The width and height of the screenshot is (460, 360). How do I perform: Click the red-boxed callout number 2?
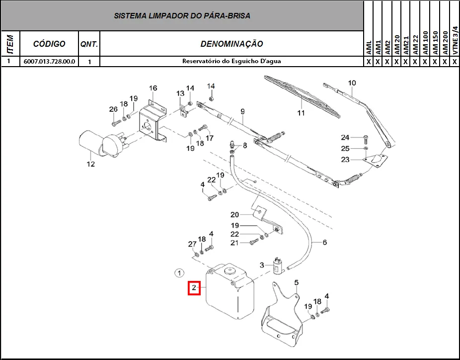click(194, 288)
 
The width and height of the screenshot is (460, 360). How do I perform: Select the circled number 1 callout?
click(179, 273)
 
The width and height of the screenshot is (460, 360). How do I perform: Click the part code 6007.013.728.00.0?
click(49, 61)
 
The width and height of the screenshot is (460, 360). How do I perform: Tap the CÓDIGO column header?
click(49, 44)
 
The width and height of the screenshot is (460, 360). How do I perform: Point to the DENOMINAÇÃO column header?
click(231, 44)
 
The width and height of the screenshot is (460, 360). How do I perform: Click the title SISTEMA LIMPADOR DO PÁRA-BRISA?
click(182, 15)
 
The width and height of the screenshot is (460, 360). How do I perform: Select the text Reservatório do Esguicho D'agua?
click(231, 61)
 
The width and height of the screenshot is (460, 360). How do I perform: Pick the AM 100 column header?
click(425, 43)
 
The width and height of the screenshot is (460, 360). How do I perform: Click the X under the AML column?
click(369, 62)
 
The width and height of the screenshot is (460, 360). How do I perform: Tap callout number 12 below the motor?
click(90, 164)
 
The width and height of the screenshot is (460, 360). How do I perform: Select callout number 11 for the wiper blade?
click(301, 113)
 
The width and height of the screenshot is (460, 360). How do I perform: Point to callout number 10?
click(352, 83)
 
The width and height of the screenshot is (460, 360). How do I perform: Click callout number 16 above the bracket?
click(153, 88)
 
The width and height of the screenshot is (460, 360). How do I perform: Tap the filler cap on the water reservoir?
click(230, 270)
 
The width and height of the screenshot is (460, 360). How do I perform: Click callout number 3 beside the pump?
click(262, 265)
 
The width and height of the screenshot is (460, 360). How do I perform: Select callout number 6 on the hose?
click(324, 242)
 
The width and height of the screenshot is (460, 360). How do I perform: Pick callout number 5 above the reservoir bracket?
click(296, 282)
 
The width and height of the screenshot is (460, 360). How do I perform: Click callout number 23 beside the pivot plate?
click(345, 160)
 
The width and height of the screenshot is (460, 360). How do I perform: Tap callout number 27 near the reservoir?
click(192, 244)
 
